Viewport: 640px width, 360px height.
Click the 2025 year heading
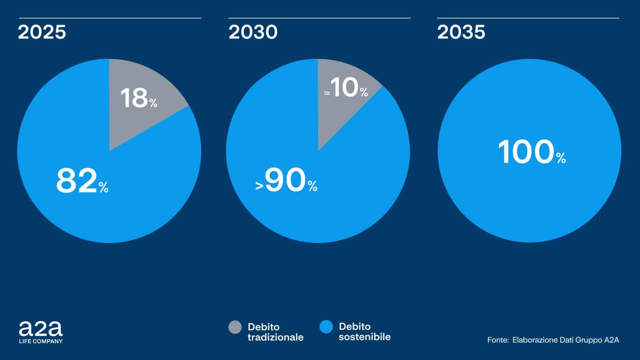[42, 33]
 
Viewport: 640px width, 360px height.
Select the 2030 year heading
[253, 33]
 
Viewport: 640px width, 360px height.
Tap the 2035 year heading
[461, 33]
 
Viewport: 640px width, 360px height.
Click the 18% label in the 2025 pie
[139, 98]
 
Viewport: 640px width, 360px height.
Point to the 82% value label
[82, 181]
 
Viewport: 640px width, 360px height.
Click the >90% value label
[286, 181]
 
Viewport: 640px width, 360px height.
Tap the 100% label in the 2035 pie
[531, 152]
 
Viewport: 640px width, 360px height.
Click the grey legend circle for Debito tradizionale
[235, 327]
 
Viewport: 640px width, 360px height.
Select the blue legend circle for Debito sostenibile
[326, 327]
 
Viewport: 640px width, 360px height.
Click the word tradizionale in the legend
[275, 337]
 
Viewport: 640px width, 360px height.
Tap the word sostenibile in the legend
[364, 337]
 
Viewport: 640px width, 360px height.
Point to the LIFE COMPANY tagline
[41, 341]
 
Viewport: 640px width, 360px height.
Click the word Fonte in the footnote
[497, 340]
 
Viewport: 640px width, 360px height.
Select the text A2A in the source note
[612, 340]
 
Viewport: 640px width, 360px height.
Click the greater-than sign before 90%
[259, 186]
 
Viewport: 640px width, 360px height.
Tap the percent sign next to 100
[561, 159]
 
